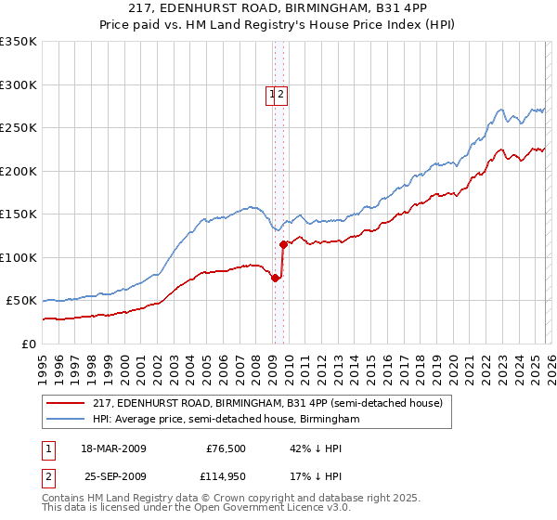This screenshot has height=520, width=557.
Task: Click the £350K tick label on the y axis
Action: pos(19,42)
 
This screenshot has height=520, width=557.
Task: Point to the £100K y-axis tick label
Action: pos(19,257)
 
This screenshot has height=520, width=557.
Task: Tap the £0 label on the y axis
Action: pos(30,344)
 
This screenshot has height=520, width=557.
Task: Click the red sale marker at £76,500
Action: pos(275,278)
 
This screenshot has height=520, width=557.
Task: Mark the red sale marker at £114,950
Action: pos(283,244)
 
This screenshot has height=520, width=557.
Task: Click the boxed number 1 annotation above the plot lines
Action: pos(272,94)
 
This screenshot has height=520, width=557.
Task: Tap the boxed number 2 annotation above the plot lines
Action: pos(280,94)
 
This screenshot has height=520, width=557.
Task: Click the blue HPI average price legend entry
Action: pos(226,420)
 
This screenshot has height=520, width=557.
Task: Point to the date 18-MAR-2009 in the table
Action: pos(113,448)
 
